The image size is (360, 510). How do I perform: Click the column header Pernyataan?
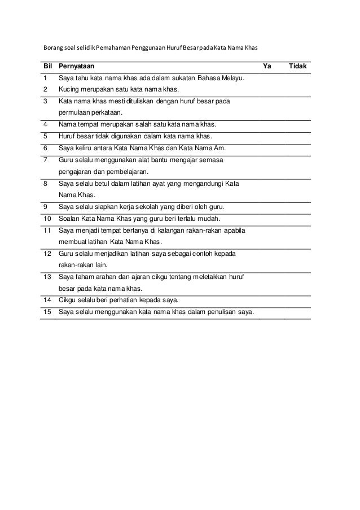(x=76, y=66)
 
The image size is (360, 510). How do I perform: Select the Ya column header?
(x=267, y=66)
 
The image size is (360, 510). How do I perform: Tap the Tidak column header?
(x=297, y=66)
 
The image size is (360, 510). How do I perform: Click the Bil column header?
(x=47, y=66)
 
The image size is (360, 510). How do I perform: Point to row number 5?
(x=46, y=137)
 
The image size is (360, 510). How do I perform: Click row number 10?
(x=47, y=219)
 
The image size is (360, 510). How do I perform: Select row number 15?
(x=47, y=312)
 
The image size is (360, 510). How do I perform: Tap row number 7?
(x=46, y=160)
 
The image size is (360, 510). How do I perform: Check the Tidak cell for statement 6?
(x=297, y=149)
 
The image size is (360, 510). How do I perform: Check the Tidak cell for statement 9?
(x=297, y=207)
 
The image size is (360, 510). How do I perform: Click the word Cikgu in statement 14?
(x=69, y=300)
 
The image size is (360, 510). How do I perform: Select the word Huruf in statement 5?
(x=69, y=137)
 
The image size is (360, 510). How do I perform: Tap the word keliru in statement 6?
(x=85, y=149)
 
